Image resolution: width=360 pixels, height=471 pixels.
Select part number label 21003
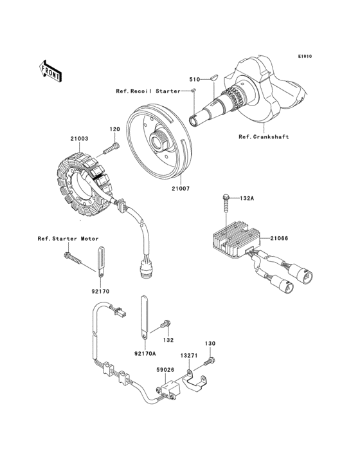pyautogui.click(x=79, y=138)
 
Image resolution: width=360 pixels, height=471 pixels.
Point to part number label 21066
pyautogui.click(x=279, y=239)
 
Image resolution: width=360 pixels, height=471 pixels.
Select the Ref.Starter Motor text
pyautogui.click(x=67, y=239)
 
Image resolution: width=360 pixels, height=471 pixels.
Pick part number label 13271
pyautogui.click(x=189, y=355)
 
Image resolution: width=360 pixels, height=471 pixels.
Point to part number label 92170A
pyautogui.click(x=145, y=353)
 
